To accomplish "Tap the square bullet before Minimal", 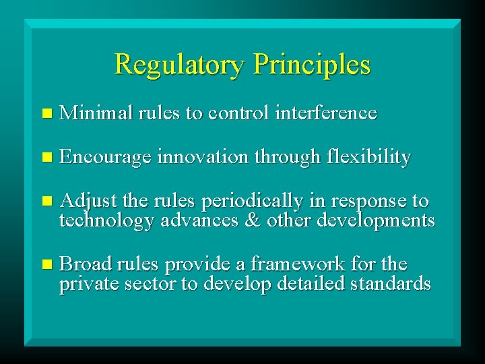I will [x=45, y=114].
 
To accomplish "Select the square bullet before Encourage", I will [x=45, y=158].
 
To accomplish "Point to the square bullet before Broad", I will [x=45, y=264].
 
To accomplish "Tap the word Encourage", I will [x=105, y=158].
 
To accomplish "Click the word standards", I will [x=390, y=283].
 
